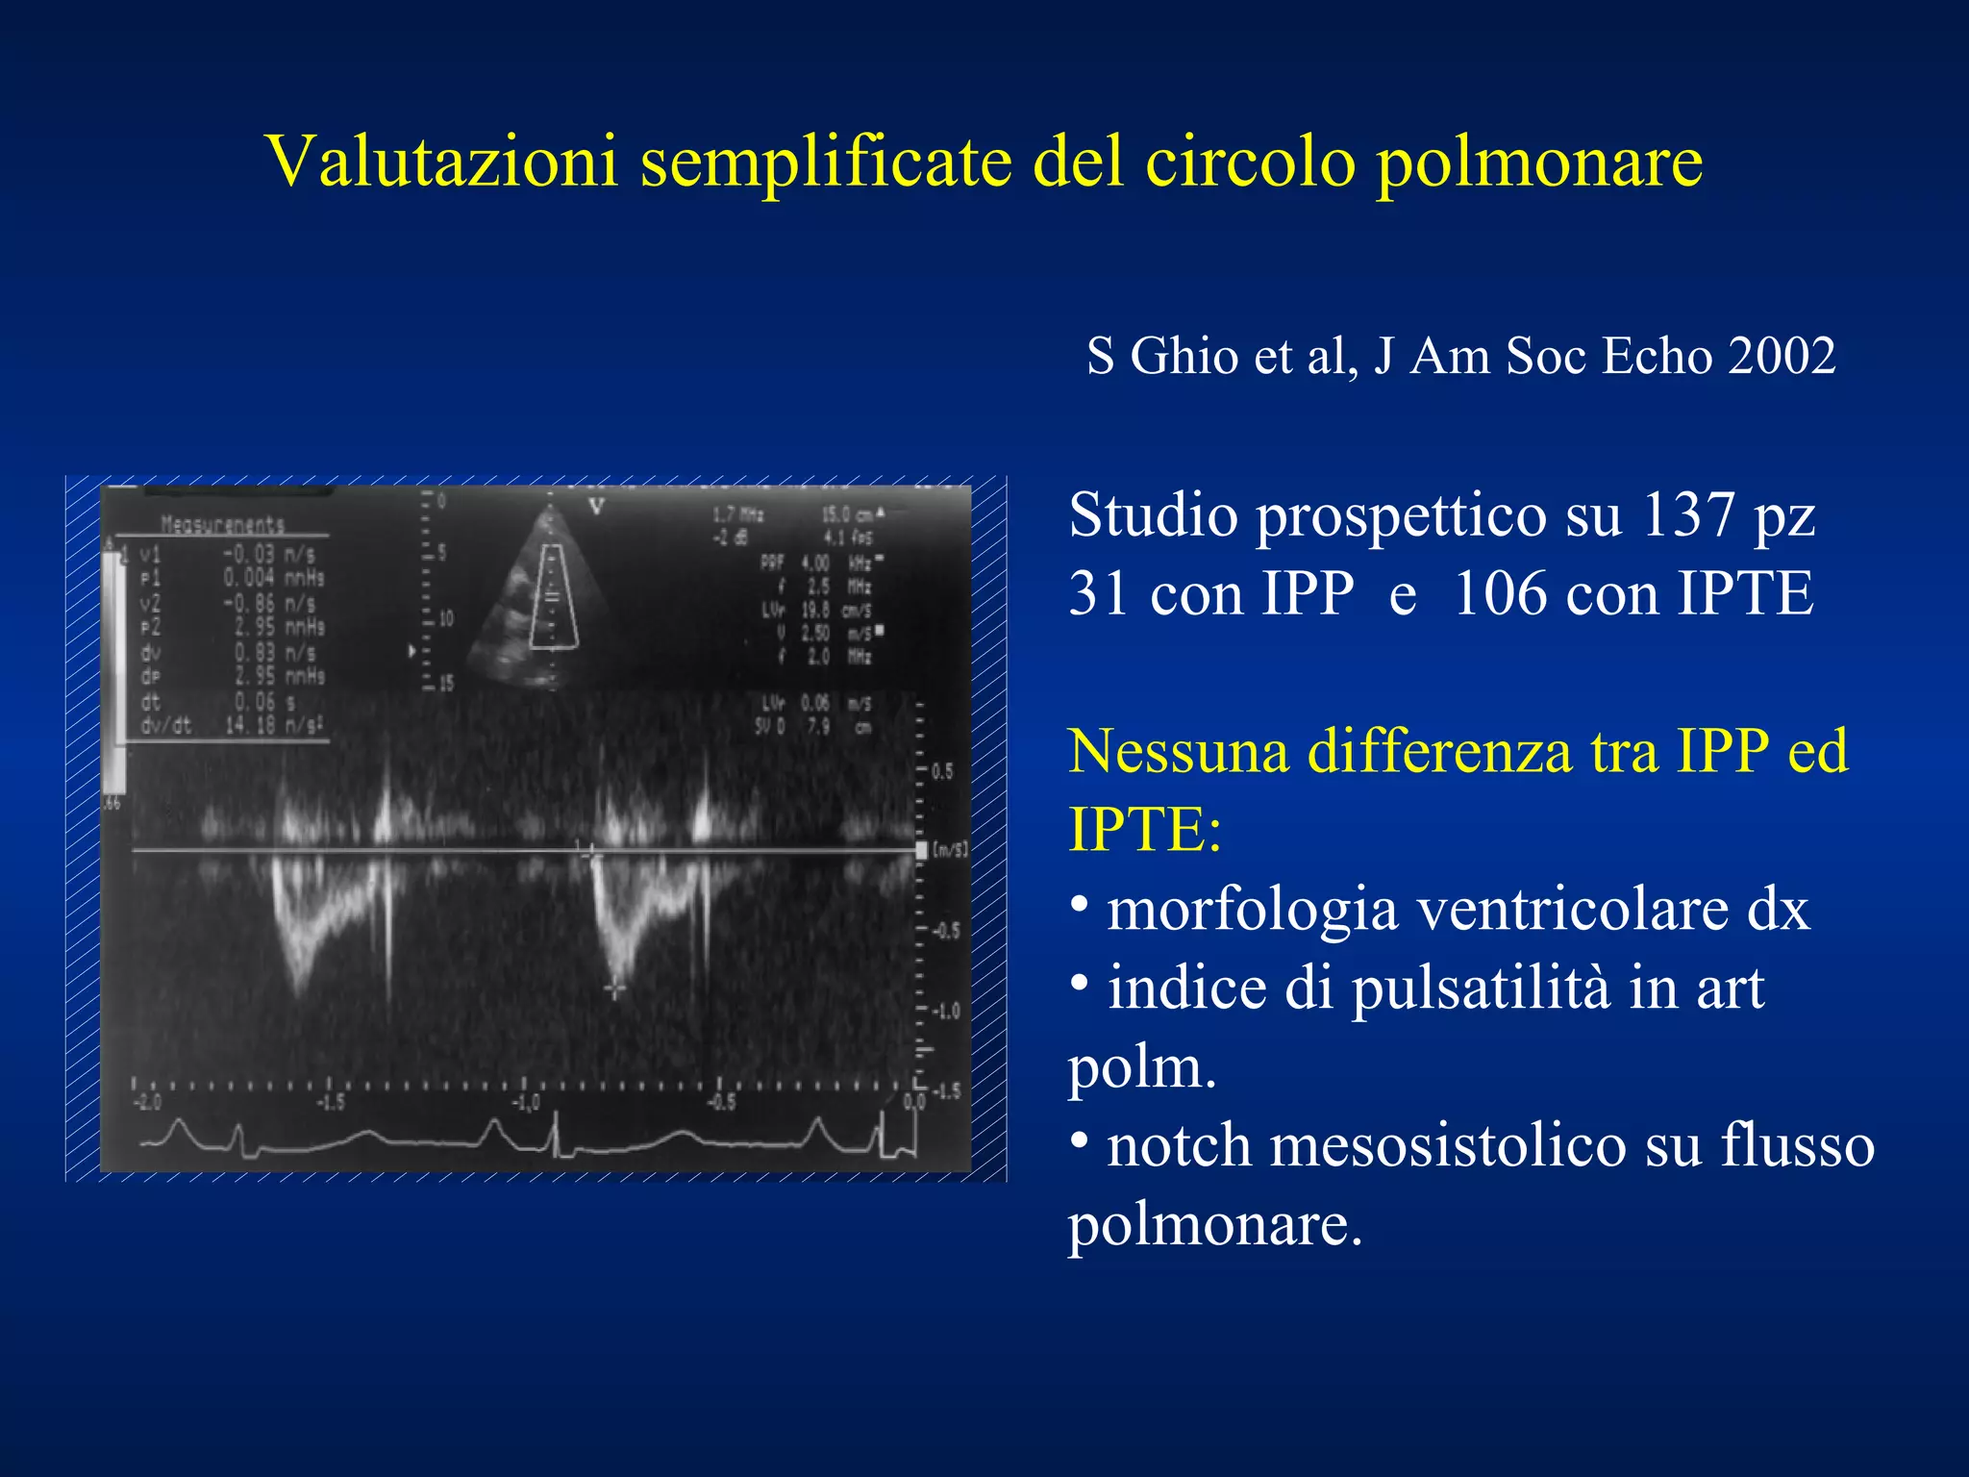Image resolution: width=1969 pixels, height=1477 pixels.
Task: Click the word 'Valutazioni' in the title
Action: click(x=441, y=161)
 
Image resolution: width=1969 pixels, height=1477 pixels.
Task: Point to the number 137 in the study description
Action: click(x=1687, y=515)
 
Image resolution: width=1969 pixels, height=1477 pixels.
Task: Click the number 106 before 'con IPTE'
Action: click(x=1500, y=593)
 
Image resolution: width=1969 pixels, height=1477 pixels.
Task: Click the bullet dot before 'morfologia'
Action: click(x=1080, y=905)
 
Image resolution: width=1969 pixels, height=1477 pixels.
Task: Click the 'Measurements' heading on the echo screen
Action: click(x=222, y=525)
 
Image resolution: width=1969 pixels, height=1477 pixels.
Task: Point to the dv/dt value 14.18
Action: click(x=251, y=725)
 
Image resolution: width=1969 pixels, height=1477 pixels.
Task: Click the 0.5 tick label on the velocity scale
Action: click(x=942, y=771)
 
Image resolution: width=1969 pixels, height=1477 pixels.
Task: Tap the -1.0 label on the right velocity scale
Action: click(x=946, y=1012)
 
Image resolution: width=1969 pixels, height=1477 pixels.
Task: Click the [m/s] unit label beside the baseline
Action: click(x=949, y=850)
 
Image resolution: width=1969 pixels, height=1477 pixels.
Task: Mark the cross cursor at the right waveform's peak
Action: click(x=614, y=988)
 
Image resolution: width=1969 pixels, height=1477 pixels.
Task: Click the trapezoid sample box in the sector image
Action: click(x=553, y=596)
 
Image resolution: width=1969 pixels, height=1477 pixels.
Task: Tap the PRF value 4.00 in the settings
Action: click(x=814, y=563)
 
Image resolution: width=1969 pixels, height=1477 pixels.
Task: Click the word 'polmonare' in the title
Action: click(x=1539, y=161)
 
